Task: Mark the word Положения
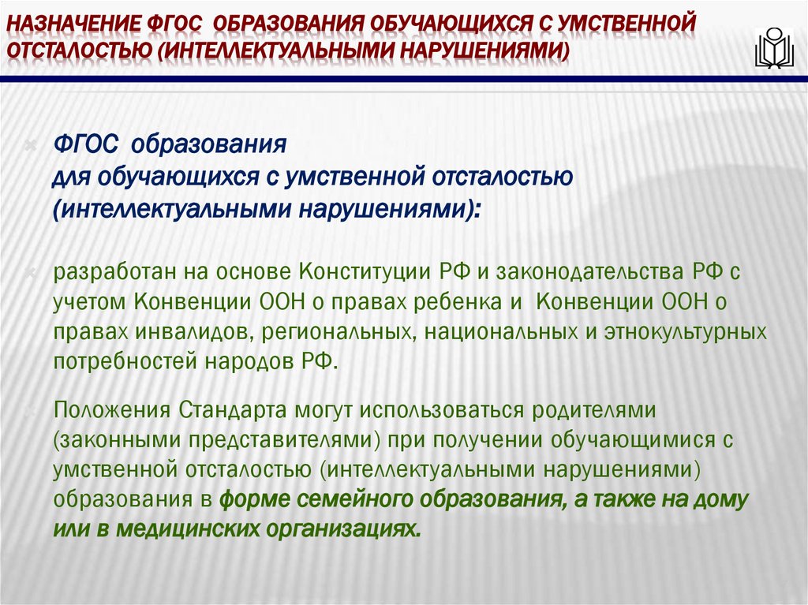[112, 410]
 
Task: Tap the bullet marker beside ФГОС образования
[31, 145]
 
